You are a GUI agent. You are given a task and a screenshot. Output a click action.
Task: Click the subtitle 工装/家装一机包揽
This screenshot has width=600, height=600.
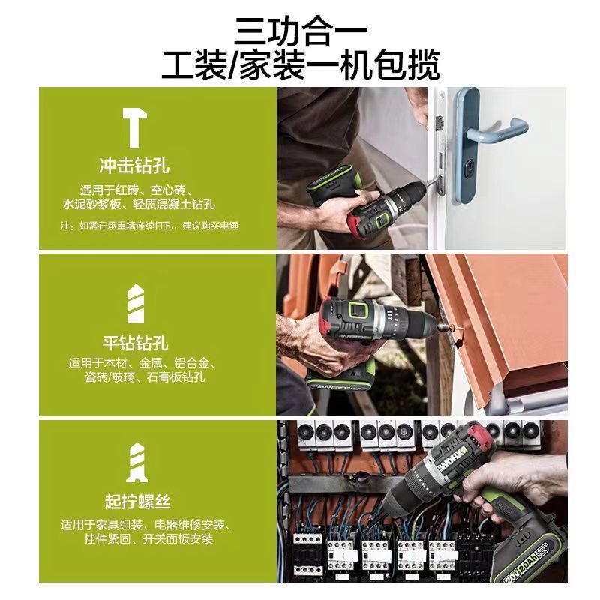[x=300, y=65]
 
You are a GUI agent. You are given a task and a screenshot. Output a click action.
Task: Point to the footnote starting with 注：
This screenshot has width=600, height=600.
[x=149, y=225]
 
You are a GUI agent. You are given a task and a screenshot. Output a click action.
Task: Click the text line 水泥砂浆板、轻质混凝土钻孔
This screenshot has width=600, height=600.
[x=139, y=203]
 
